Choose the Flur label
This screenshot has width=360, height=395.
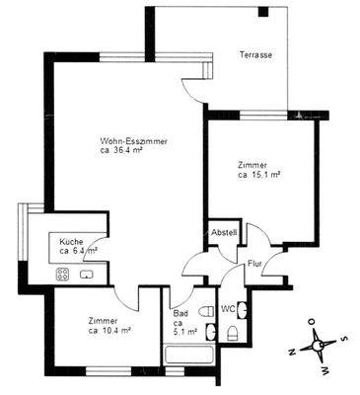[x=253, y=264]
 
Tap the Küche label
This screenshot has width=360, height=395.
[x=70, y=242]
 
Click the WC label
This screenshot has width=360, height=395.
[x=227, y=309]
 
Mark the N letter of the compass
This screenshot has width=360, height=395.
[x=292, y=350]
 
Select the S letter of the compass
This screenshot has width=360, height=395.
[x=343, y=339]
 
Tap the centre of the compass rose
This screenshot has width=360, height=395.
[x=318, y=345]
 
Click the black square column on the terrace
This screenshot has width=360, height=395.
[x=263, y=13]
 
